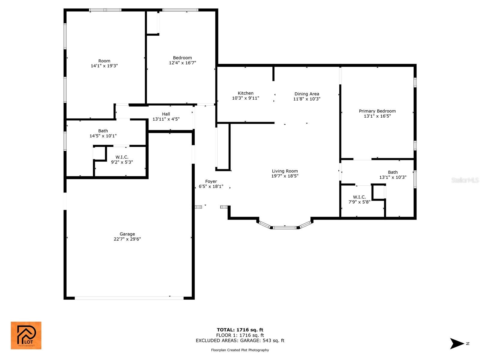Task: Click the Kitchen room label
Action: point(245,93)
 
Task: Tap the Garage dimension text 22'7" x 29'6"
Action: point(127,239)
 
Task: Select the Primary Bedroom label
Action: point(377,111)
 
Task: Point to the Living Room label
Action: point(285,171)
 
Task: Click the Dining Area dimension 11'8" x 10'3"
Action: point(307,99)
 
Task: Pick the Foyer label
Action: point(211,181)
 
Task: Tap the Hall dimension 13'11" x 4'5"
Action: point(166,119)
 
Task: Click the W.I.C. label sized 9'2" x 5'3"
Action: point(122,157)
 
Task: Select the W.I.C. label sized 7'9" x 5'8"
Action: point(359,197)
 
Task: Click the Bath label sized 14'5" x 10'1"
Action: point(103,131)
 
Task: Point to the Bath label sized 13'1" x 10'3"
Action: point(393,172)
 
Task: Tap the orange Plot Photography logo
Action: point(26,335)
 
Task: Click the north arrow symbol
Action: point(457,343)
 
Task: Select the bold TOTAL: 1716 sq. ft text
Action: point(240,330)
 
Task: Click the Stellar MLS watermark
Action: point(465,180)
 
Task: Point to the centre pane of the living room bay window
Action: point(285,228)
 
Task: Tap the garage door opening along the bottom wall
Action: point(129,298)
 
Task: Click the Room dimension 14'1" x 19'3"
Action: point(104,66)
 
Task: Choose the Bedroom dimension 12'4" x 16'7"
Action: point(182,63)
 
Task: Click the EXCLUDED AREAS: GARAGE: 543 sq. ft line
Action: point(240,340)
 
